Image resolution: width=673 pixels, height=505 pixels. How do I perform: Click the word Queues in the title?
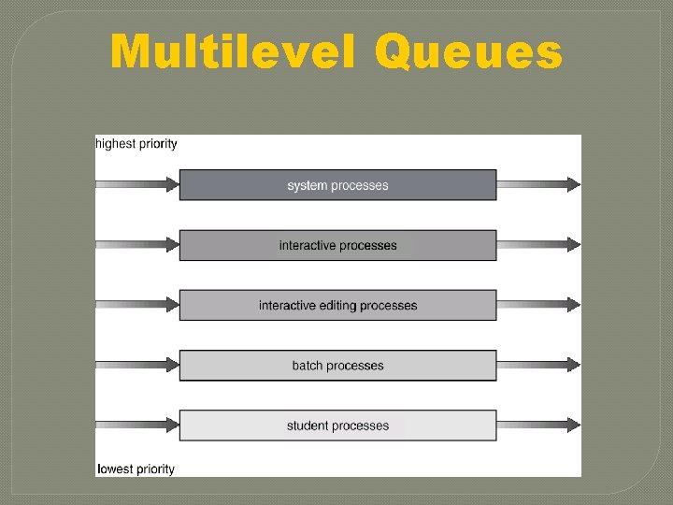(x=468, y=53)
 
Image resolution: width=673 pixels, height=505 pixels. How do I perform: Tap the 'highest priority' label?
(x=136, y=144)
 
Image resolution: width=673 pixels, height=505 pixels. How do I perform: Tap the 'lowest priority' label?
(x=136, y=469)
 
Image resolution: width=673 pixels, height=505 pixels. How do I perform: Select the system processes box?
(x=337, y=185)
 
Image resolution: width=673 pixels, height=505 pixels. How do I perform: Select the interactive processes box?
(x=337, y=245)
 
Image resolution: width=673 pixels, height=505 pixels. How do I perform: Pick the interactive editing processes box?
(x=337, y=306)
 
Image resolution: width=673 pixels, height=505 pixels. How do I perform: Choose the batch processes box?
(x=337, y=366)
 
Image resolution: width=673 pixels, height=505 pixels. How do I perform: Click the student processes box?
(x=337, y=426)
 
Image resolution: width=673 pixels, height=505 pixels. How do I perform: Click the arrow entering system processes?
(x=136, y=185)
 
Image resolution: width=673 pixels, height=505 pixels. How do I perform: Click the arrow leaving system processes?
(x=538, y=185)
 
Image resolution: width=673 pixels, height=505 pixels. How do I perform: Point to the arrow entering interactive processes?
(x=136, y=245)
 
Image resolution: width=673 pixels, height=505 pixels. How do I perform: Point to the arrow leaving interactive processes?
(x=538, y=245)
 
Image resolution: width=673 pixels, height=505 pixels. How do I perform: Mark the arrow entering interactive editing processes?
(x=136, y=305)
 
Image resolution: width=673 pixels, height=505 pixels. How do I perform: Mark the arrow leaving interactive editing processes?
(x=538, y=305)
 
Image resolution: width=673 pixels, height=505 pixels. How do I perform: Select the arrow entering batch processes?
(x=136, y=366)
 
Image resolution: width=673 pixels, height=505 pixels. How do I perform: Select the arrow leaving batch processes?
(x=538, y=366)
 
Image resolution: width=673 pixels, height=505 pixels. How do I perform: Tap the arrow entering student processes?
(x=136, y=426)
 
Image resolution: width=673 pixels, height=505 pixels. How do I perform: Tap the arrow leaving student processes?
(x=538, y=426)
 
